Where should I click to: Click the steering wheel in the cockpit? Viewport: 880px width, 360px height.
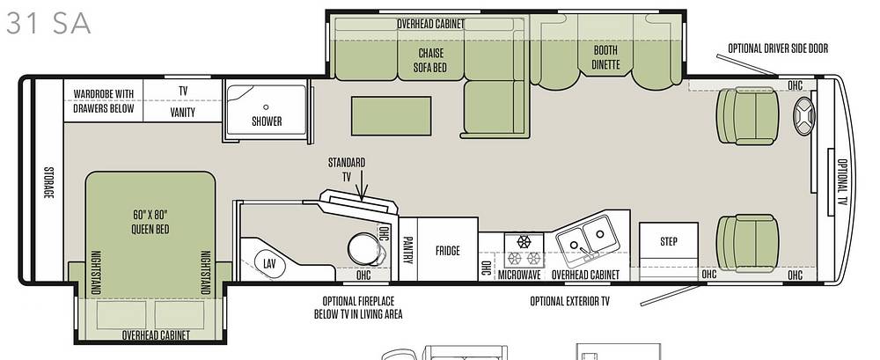(x=803, y=115)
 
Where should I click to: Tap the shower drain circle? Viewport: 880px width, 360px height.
(x=266, y=107)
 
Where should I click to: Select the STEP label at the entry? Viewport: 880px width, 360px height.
(x=669, y=241)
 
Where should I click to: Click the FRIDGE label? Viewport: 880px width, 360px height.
(x=447, y=251)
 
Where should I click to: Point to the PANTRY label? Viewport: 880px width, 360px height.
(x=408, y=249)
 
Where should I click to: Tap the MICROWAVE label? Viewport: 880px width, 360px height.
(x=520, y=275)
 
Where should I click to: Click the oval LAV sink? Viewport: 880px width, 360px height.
(x=270, y=262)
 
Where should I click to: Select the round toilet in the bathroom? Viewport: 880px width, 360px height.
(x=365, y=249)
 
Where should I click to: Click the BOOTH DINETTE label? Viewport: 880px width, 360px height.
(x=605, y=57)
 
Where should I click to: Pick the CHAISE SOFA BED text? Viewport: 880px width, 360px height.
(x=430, y=60)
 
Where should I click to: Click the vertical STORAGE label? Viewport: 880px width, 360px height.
(x=48, y=182)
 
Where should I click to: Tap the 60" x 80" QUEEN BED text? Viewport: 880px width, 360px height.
(x=150, y=222)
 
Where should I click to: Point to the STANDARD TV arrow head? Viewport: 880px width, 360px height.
(x=363, y=196)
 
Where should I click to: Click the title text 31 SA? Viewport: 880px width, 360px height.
(x=48, y=24)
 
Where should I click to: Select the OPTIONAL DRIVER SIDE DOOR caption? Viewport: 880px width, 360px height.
(x=778, y=48)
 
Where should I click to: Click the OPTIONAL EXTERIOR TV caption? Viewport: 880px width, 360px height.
(x=569, y=302)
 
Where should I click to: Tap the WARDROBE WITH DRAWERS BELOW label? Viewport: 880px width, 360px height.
(x=104, y=100)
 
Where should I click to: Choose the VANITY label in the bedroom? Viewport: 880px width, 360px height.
(x=182, y=113)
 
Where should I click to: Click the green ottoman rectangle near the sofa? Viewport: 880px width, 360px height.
(x=392, y=115)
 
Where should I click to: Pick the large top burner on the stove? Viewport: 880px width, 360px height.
(x=524, y=242)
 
